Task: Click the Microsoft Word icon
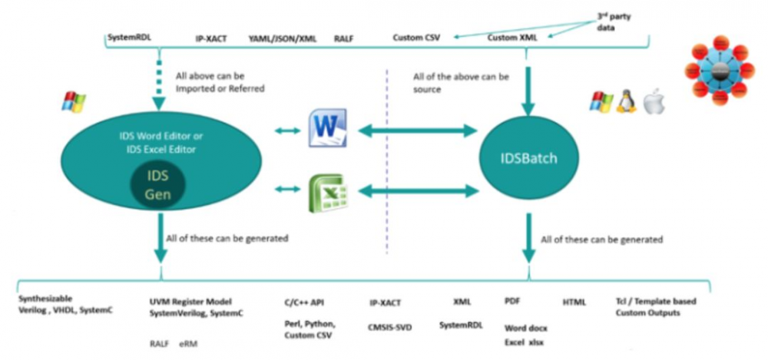click(328, 127)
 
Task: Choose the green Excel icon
click(328, 192)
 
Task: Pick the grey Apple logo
click(653, 101)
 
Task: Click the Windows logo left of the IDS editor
click(74, 101)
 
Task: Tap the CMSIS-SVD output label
click(390, 327)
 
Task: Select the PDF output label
click(513, 302)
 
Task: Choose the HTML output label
click(574, 302)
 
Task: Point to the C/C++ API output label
click(304, 302)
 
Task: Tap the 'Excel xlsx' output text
click(525, 342)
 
